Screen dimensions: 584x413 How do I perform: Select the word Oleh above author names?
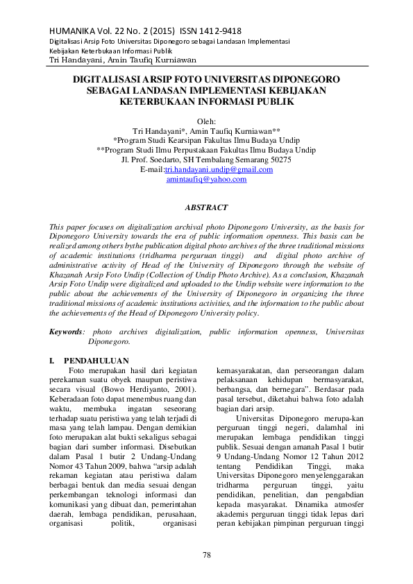206,121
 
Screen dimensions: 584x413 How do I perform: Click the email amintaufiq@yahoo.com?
206,179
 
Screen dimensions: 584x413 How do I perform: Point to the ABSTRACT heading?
206,207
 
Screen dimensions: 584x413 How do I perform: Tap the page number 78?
206,554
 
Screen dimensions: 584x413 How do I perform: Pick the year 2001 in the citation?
179,390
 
